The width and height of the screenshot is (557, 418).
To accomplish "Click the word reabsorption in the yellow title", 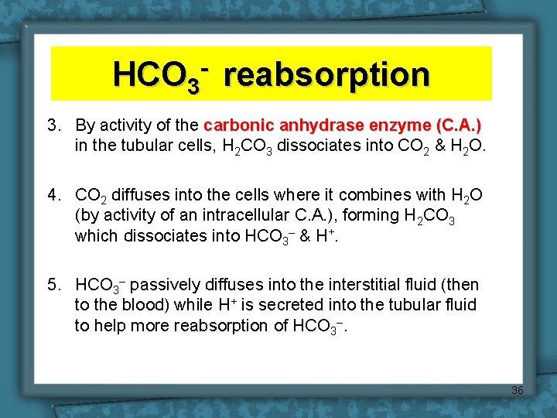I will pos(330,75).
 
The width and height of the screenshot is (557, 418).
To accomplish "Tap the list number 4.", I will pos(53,194).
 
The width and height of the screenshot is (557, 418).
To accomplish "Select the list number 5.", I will pos(53,286).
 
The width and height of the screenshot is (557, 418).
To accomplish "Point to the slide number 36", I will pos(517,391).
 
